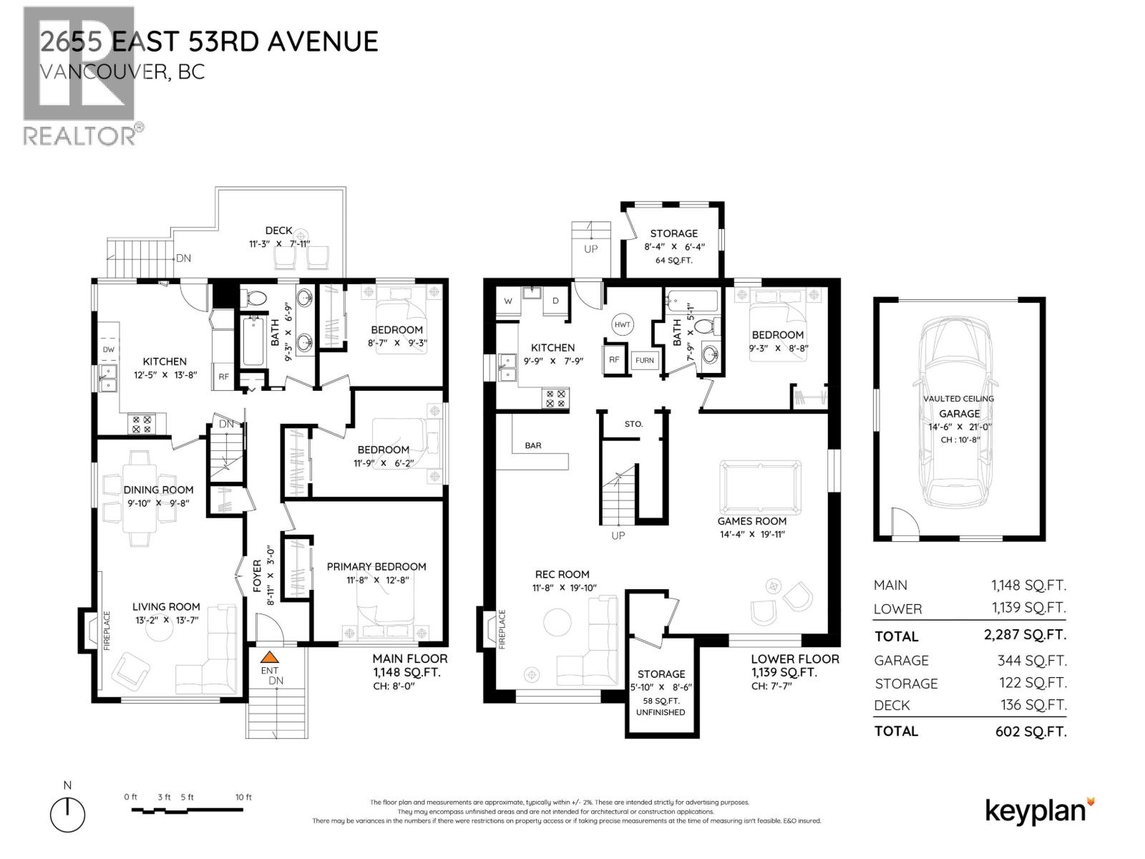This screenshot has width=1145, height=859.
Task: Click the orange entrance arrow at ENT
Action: coord(269,656)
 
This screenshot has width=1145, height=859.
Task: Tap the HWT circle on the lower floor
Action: coord(622,324)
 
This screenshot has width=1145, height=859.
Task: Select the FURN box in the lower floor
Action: coord(644,360)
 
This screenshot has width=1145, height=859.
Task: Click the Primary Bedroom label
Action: coord(376,566)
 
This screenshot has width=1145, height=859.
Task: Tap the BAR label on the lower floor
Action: coord(533,445)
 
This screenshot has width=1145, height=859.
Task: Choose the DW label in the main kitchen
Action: coord(109,349)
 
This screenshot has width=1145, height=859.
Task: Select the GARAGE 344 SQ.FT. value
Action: coord(1031,660)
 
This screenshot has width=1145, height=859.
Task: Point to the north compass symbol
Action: coord(67,813)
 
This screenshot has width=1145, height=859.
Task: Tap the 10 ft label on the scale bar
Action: coord(243,797)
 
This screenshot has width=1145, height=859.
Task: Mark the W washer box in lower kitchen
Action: coord(508,301)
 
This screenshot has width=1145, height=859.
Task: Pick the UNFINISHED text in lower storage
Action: coord(660,712)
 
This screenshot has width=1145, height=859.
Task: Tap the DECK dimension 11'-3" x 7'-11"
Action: coord(279,243)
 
